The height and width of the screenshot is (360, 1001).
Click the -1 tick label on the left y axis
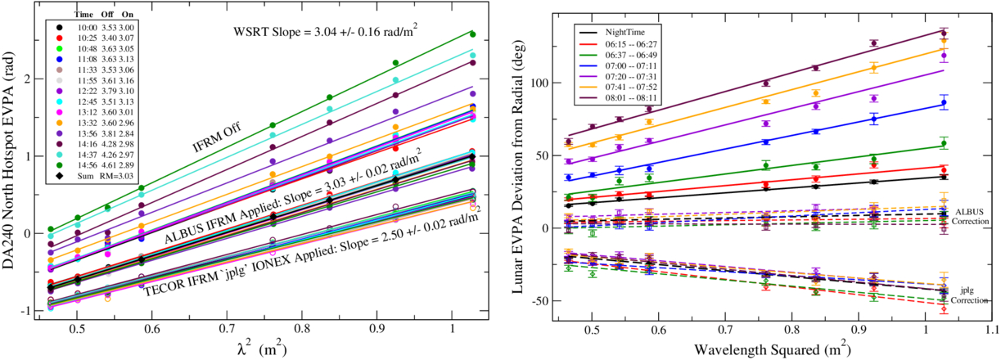[x=26, y=311]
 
